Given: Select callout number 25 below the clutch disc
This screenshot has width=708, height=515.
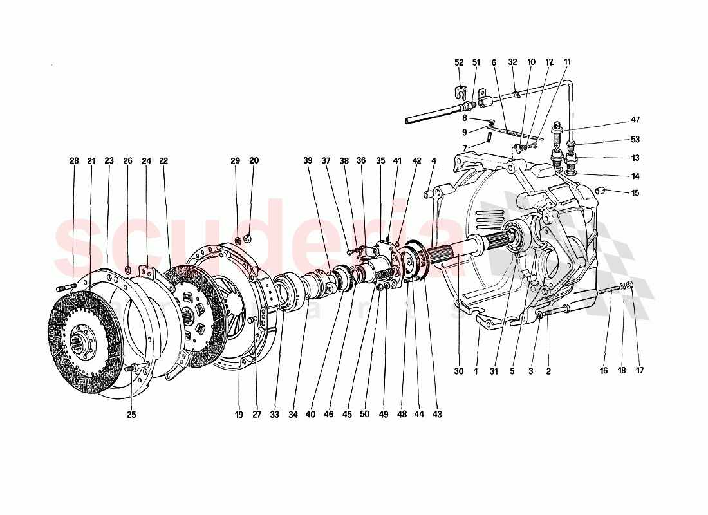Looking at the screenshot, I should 131,415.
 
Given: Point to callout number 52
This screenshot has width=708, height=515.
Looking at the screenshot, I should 459,62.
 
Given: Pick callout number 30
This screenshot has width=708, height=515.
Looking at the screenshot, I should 458,371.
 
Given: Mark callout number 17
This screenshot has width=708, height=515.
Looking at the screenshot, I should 639,371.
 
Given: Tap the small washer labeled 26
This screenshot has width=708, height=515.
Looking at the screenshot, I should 127,268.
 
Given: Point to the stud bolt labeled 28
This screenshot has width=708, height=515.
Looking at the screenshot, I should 67,287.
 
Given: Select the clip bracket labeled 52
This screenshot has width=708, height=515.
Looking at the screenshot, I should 460,88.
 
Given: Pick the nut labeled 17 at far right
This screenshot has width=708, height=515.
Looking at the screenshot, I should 629,285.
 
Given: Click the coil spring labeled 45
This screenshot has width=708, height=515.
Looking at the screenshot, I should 385,275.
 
